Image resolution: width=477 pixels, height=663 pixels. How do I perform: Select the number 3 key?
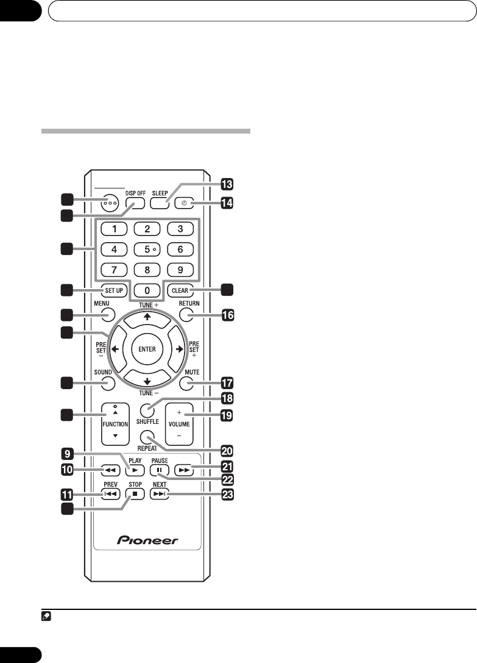[180, 230]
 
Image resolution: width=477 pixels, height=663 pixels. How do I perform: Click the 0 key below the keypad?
[147, 290]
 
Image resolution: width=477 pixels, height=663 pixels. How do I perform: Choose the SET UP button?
[114, 290]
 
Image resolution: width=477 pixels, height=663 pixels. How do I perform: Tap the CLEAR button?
[180, 290]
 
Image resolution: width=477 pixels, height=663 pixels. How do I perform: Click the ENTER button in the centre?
[147, 349]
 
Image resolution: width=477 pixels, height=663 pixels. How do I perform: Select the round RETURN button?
[187, 315]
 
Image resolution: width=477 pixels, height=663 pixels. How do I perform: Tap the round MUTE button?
[187, 384]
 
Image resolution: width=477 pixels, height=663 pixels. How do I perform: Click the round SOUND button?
[107, 384]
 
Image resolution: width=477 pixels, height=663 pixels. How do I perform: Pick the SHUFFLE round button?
[147, 410]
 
